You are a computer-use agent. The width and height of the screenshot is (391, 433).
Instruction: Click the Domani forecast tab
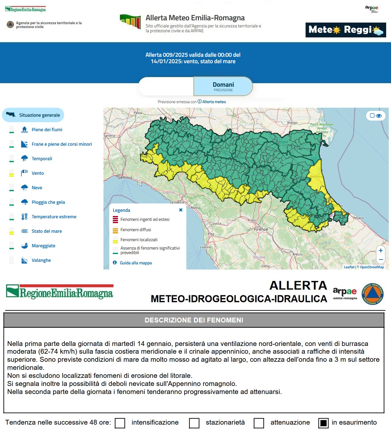223,86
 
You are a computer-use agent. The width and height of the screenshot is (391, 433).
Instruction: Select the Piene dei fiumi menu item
47,130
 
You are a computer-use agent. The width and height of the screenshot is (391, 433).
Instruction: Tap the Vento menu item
37,173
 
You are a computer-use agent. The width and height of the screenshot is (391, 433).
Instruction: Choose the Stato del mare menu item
46,231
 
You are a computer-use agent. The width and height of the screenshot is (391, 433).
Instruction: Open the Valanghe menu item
41,260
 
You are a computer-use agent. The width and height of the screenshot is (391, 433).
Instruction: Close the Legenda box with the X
181,210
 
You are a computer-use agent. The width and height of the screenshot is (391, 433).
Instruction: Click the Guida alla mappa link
135,263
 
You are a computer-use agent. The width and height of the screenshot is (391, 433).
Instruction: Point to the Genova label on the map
125,177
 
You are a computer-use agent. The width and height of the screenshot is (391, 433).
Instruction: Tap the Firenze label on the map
261,229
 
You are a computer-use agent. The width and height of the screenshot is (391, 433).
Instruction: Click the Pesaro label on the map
358,218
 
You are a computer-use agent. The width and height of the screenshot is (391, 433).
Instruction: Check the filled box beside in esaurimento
323,423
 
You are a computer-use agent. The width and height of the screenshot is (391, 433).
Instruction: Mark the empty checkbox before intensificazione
120,423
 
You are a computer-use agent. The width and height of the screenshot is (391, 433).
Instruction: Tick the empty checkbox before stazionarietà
194,423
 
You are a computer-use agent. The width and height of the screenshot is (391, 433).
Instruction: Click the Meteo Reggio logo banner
346,30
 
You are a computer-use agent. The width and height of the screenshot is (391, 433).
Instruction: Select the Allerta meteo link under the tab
214,102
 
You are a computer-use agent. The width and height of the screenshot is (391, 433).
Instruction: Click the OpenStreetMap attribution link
372,267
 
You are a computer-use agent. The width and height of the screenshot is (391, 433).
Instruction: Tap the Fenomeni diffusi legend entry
135,230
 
